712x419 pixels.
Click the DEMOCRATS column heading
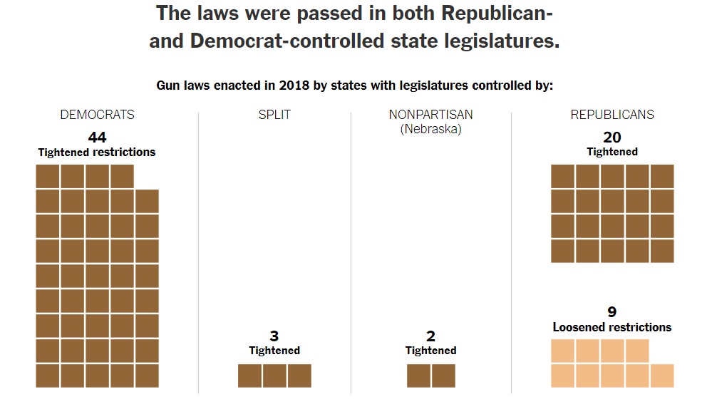click(x=97, y=115)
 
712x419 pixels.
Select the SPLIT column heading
click(x=274, y=115)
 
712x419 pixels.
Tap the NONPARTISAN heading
click(x=430, y=115)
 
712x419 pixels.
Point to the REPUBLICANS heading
click(x=612, y=115)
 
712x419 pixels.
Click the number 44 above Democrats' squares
click(x=97, y=137)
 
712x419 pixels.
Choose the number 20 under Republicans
click(x=612, y=137)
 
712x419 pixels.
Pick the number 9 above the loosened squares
click(x=612, y=312)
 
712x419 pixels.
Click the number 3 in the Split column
click(x=274, y=336)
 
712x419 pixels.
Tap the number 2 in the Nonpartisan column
click(x=430, y=336)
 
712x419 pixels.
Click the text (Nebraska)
click(x=430, y=129)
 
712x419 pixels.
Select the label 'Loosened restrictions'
click(x=612, y=327)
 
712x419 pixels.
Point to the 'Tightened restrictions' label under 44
click(x=97, y=152)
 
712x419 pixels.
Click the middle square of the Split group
click(x=274, y=376)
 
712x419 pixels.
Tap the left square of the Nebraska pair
click(x=418, y=376)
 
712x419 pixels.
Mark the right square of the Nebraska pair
click(x=443, y=376)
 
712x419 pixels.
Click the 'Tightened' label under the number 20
click(x=612, y=152)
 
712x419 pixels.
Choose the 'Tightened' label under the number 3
click(x=274, y=351)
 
